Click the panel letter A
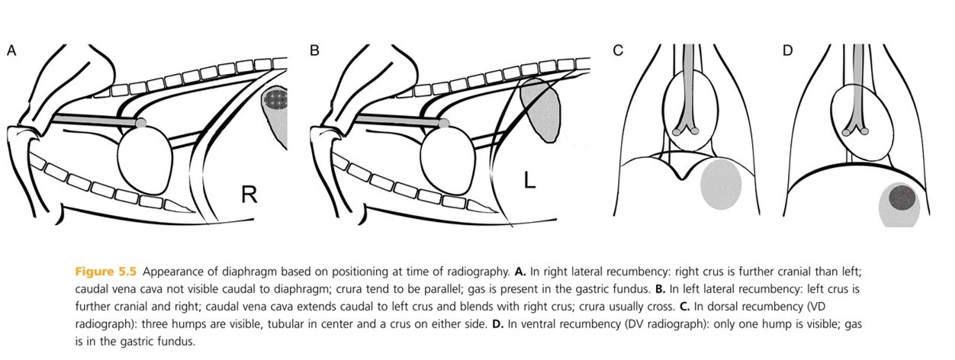tap(11, 51)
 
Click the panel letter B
tap(314, 51)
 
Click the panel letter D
tap(788, 51)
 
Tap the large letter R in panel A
tap(248, 195)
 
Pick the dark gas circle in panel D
tap(904, 199)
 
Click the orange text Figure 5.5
tap(106, 272)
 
